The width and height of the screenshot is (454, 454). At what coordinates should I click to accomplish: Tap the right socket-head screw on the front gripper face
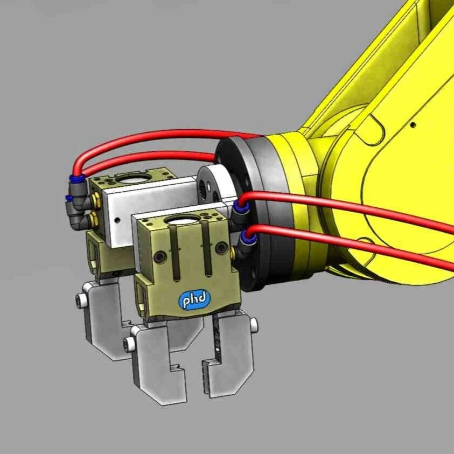[221, 248]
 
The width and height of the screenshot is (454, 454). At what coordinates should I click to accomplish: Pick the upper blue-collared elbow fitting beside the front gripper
[239, 208]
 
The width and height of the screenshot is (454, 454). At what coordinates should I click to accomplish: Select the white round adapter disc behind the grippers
[213, 186]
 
